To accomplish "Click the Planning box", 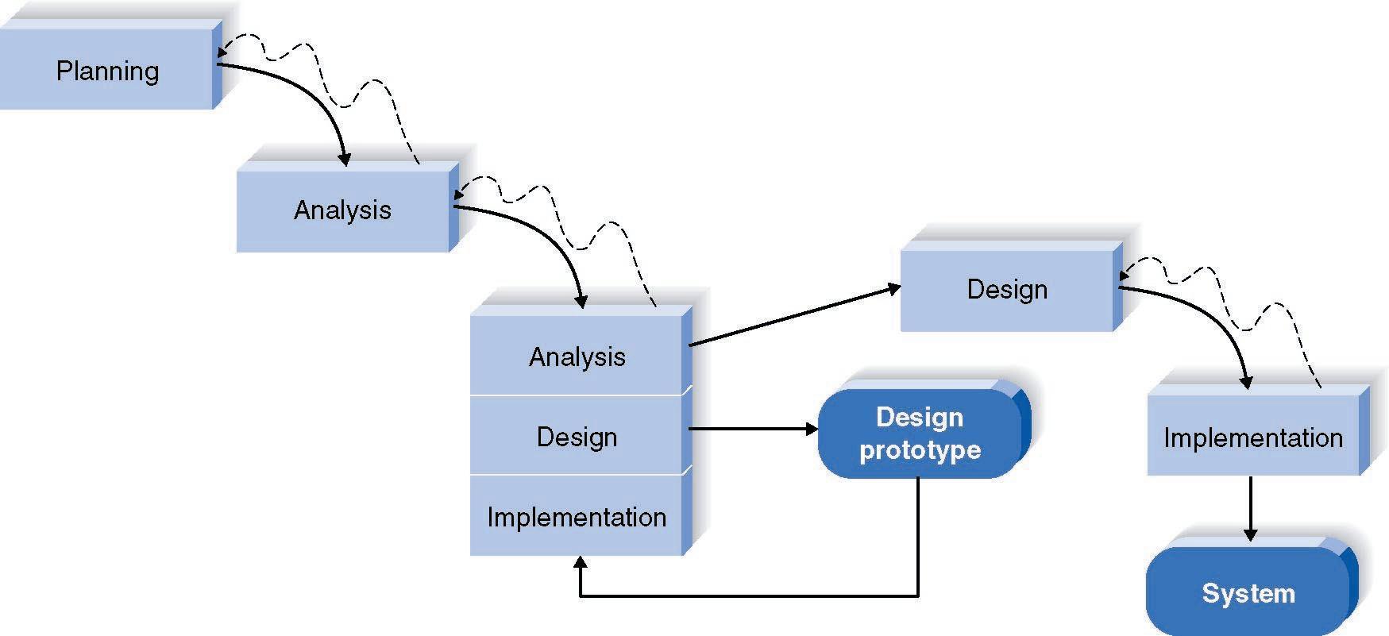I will (106, 71).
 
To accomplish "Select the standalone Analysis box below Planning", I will (342, 210).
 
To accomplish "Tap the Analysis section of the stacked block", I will (577, 357).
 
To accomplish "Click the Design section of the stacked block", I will (577, 437).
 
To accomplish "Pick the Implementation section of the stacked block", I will (577, 517).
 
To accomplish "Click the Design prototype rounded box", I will (920, 434).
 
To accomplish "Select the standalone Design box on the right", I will (1006, 289).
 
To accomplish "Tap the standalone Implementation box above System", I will (1252, 437).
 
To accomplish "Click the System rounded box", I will (1248, 593).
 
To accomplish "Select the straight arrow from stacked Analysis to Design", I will (794, 316).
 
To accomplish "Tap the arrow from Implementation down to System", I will (1250, 508).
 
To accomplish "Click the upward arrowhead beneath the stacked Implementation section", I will (581, 565).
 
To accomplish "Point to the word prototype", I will (920, 450).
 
